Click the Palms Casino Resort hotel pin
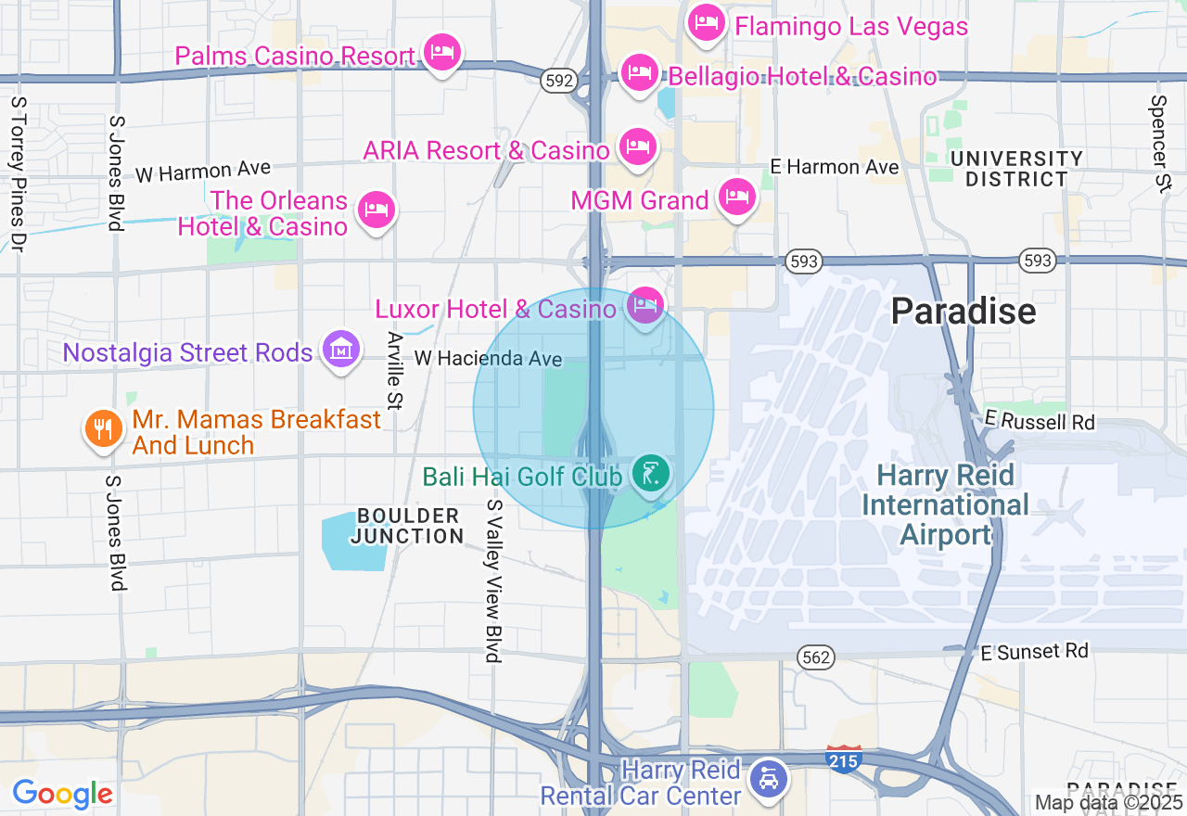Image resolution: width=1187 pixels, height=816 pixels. pyautogui.click(x=442, y=52)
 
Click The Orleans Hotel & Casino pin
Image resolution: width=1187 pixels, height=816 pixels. pyautogui.click(x=376, y=210)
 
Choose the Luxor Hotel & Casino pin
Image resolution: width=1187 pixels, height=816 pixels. pyautogui.click(x=645, y=304)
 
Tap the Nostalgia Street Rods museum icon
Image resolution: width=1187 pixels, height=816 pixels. pyautogui.click(x=341, y=350)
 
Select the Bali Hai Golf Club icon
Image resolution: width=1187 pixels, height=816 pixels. pyautogui.click(x=651, y=474)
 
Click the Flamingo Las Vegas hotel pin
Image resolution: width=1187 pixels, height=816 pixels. pyautogui.click(x=708, y=23)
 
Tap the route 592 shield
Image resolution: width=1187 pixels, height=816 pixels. pyautogui.click(x=559, y=81)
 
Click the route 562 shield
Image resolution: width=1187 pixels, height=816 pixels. pyautogui.click(x=817, y=657)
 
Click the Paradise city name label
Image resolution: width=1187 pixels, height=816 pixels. pyautogui.click(x=964, y=311)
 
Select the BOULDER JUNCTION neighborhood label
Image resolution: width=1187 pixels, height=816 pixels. pyautogui.click(x=408, y=526)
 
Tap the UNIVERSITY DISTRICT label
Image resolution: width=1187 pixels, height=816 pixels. pyautogui.click(x=1016, y=169)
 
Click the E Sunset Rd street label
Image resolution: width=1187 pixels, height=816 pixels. pyautogui.click(x=1036, y=652)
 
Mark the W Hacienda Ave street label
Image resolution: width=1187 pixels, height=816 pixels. pyautogui.click(x=488, y=358)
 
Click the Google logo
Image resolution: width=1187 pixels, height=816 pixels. pyautogui.click(x=62, y=794)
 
